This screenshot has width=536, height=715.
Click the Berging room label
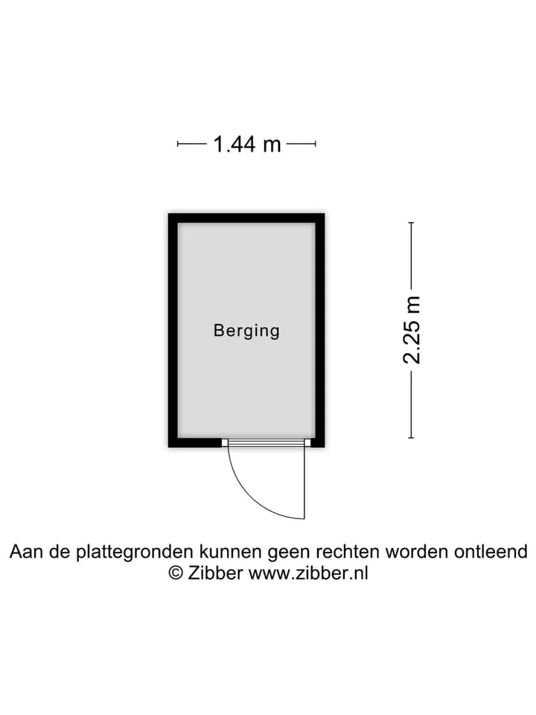(246, 331)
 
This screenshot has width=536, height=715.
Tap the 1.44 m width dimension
(246, 144)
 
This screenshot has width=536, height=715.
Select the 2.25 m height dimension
(412, 330)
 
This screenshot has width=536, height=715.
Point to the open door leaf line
(304, 483)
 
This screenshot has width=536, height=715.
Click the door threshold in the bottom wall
(267, 442)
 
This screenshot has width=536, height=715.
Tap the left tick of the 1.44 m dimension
(178, 144)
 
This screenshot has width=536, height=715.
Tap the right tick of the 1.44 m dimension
(315, 144)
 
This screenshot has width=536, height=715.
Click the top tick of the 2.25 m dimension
(412, 223)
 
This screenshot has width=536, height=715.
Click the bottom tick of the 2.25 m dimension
(412, 438)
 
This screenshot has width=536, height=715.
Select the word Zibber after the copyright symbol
(215, 573)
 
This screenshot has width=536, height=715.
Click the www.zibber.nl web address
(308, 573)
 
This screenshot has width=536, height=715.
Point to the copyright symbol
(176, 573)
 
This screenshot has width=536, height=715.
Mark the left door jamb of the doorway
(225, 442)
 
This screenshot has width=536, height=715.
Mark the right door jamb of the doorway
(307, 442)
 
